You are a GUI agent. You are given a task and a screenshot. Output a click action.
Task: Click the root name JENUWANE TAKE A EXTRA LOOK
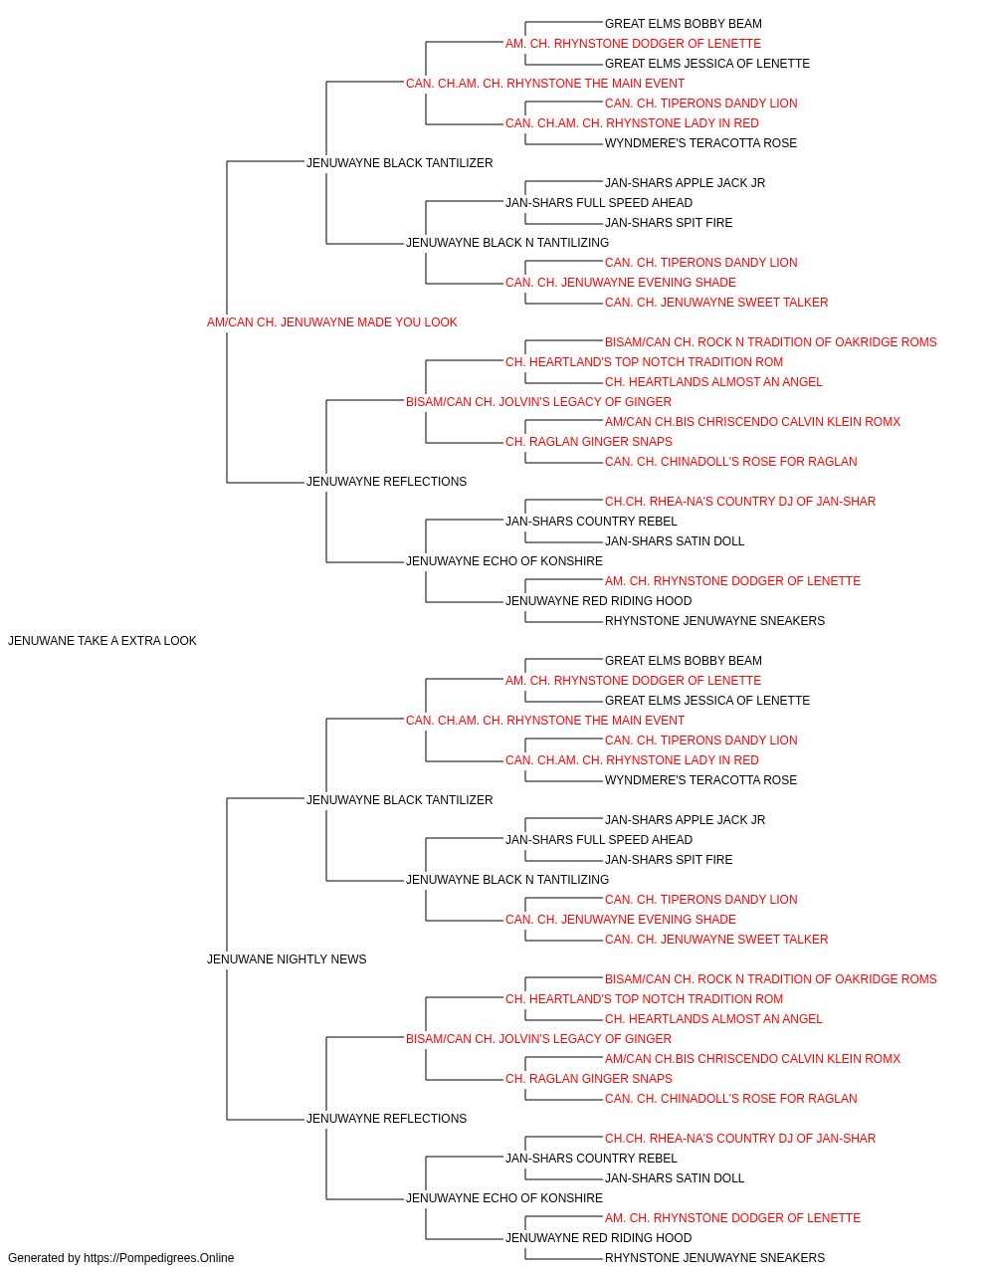[101, 641]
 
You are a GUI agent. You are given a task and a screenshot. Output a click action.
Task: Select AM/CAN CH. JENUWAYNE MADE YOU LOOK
[331, 322]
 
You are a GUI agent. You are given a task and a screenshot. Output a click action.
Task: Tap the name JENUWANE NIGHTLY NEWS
[287, 959]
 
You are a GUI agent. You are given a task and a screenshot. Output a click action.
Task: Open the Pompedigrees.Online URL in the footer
[158, 1258]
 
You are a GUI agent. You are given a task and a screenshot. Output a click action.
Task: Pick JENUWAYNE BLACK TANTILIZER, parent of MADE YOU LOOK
[400, 163]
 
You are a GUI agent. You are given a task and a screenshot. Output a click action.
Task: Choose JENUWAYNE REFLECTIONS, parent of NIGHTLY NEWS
[387, 1119]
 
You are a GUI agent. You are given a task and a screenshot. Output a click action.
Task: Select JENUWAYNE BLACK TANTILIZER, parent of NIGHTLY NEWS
[400, 800]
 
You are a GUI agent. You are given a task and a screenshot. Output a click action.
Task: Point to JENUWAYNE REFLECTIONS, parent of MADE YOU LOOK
[387, 482]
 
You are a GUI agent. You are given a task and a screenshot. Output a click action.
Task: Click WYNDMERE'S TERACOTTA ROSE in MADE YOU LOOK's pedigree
[700, 143]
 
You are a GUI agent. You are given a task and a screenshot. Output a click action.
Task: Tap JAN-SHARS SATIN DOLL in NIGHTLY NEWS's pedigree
[675, 1178]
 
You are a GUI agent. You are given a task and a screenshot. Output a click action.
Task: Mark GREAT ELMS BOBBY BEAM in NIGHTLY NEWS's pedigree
[684, 661]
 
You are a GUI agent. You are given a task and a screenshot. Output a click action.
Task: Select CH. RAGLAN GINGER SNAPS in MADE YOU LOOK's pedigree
[589, 442]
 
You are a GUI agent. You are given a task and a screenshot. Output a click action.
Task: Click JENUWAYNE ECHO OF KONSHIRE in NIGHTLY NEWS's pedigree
[504, 1198]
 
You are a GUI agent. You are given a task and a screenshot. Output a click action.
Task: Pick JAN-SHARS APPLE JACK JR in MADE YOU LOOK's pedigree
[685, 183]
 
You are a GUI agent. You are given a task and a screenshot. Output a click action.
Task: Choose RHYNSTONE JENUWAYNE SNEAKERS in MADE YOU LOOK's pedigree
[714, 621]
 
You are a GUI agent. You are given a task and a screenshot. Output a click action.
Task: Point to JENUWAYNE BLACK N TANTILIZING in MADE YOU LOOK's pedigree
[507, 243]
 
